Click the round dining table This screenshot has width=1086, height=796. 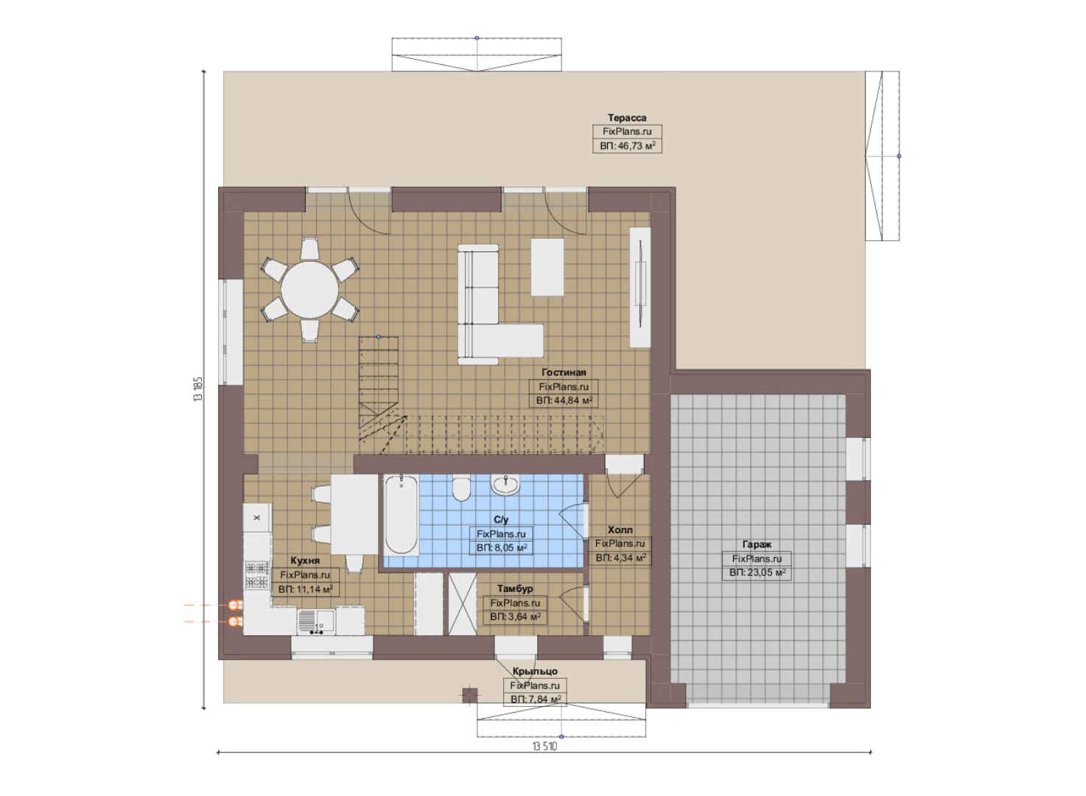coord(309,290)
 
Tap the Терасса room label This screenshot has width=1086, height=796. coord(627,118)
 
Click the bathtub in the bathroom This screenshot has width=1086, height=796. coord(401,514)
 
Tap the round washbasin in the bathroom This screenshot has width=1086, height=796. coord(505,484)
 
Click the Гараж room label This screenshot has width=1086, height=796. coord(757,544)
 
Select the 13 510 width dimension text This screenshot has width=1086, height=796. coord(545,746)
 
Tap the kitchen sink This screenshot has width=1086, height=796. coord(316,621)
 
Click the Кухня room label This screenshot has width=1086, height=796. coord(305,560)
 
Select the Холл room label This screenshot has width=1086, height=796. coord(620,530)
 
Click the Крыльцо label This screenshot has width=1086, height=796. coord(535,671)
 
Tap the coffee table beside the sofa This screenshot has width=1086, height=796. coord(547,267)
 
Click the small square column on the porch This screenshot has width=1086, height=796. coord(469,695)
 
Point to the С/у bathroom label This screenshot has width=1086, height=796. coord(501,520)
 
